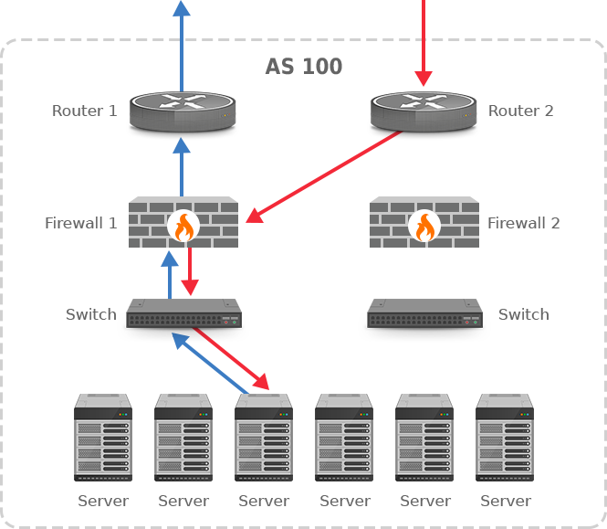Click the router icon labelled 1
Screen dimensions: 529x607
pyautogui.click(x=183, y=114)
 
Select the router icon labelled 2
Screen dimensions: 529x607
pyautogui.click(x=424, y=114)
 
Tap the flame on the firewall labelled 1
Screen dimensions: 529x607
pyautogui.click(x=183, y=226)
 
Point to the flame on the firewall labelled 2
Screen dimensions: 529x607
pyautogui.click(x=424, y=226)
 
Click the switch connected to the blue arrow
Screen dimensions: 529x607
pyautogui.click(x=183, y=319)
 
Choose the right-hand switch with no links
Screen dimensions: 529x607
pyautogui.click(x=424, y=319)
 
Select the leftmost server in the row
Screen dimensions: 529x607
pyautogui.click(x=103, y=438)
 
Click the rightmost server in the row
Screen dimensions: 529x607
pyautogui.click(x=505, y=438)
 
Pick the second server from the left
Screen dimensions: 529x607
pyautogui.click(x=183, y=438)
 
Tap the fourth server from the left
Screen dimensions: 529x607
pyautogui.click(x=344, y=438)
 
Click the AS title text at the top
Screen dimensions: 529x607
pyautogui.click(x=304, y=67)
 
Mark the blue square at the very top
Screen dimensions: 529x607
pyautogui.click(x=181, y=7)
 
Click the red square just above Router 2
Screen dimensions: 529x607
pyautogui.click(x=424, y=79)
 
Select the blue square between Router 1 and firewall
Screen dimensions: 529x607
pyautogui.click(x=181, y=146)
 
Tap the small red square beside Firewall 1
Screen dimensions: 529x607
pyautogui.click(x=254, y=216)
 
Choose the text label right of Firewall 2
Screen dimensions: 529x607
pyautogui.click(x=524, y=223)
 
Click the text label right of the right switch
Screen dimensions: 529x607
pyautogui.click(x=524, y=314)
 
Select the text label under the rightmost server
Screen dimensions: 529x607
pyautogui.click(x=506, y=501)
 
